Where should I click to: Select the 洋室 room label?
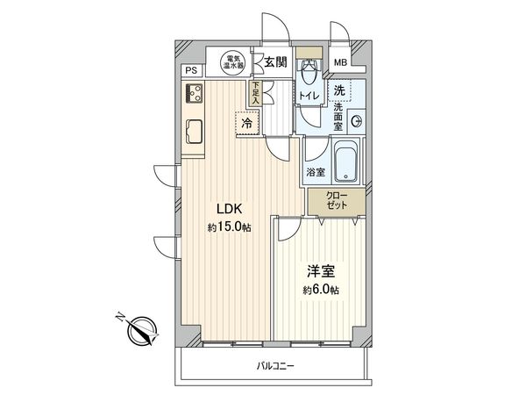tap(317, 271)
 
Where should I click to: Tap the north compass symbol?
tap(140, 331)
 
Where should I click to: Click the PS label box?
tap(190, 71)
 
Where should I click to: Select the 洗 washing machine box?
tap(339, 89)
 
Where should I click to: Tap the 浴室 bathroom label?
tap(316, 172)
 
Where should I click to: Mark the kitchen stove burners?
tap(195, 92)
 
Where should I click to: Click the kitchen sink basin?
tap(194, 132)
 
